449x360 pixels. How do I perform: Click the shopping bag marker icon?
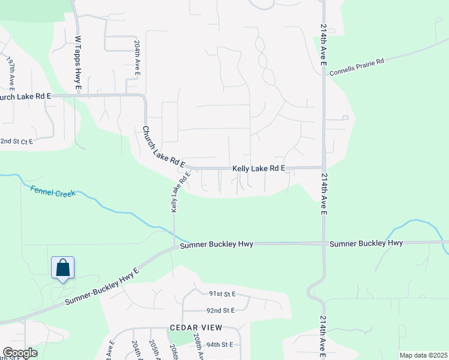click(62, 269)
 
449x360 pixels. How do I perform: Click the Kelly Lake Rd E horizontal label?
click(258, 169)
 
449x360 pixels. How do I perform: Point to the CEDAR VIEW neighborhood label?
click(196, 327)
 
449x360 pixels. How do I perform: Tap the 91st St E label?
click(222, 294)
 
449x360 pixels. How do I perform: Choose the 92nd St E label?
click(220, 311)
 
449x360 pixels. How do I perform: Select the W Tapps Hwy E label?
click(78, 64)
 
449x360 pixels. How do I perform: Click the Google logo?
click(20, 353)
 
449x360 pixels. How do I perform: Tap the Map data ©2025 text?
click(423, 355)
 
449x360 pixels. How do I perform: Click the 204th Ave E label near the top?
click(138, 58)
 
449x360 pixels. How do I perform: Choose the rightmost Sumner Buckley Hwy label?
click(366, 243)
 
